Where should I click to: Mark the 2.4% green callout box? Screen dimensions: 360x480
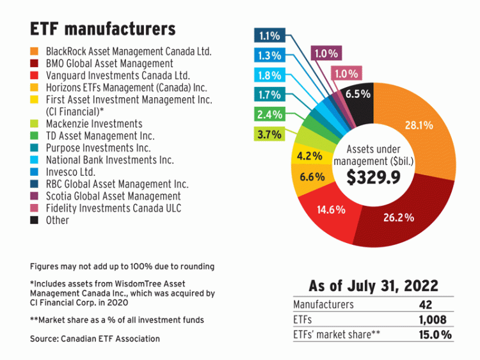(269, 115)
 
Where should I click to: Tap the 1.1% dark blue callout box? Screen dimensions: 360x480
(269, 36)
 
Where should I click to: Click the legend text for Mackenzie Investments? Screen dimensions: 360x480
(94, 124)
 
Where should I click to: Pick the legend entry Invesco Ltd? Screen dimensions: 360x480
(70, 172)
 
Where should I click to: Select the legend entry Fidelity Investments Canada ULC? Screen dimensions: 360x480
(113, 208)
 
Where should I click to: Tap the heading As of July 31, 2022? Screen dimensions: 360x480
(374, 286)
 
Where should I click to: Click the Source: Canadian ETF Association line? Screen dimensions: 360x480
(95, 338)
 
